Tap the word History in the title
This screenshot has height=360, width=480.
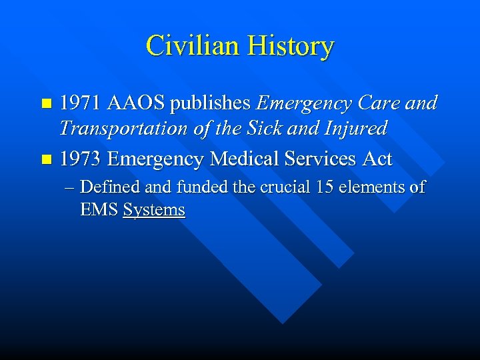click(x=291, y=47)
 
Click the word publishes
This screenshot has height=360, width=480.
click(x=211, y=104)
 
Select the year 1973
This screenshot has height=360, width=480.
click(x=80, y=159)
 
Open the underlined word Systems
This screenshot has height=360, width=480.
click(x=154, y=210)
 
